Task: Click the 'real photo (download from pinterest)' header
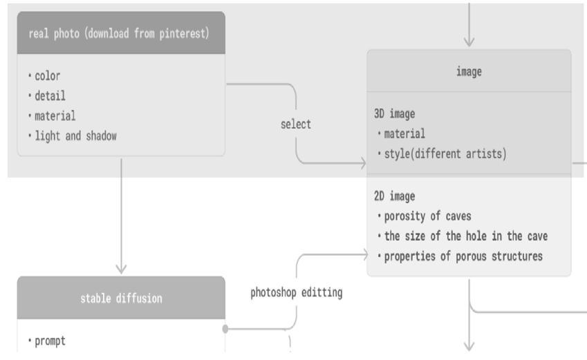119,33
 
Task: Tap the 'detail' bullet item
50,96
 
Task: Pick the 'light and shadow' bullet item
75,136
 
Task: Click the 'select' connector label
296,124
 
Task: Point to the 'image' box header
469,70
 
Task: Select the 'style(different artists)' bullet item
445,153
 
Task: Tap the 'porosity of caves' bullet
428,216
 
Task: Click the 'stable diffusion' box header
121,299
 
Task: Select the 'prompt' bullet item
50,341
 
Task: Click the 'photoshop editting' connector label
296,292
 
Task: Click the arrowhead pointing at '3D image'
362,164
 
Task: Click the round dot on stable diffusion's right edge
225,328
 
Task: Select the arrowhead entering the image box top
469,42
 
